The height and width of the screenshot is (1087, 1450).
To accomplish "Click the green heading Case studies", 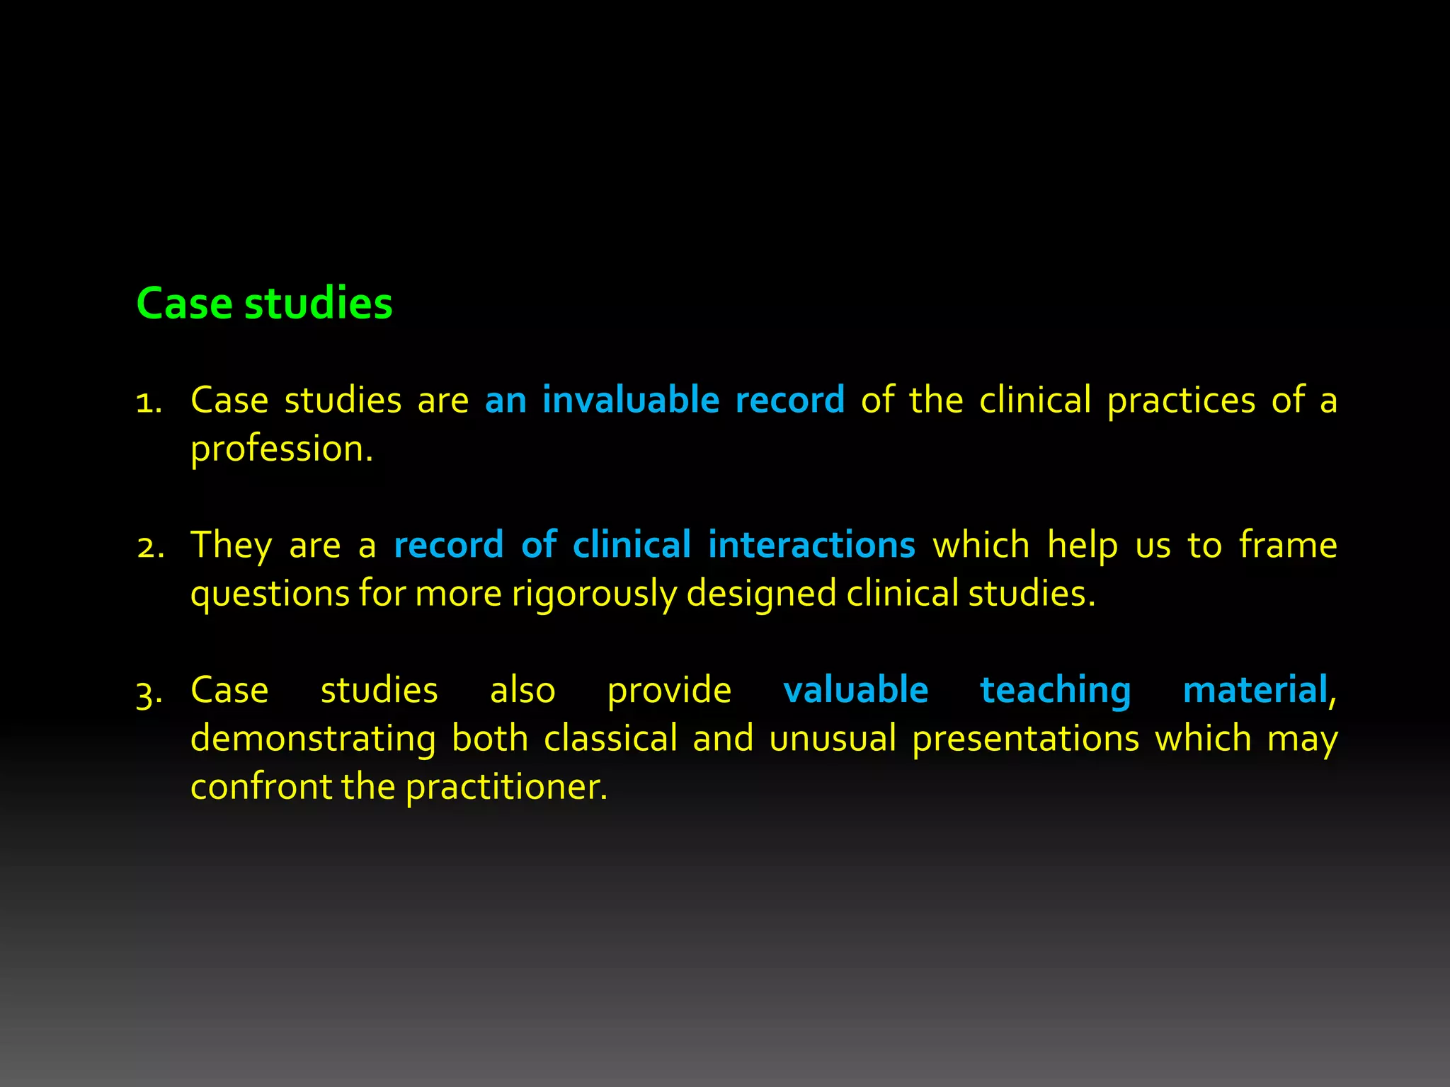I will (264, 304).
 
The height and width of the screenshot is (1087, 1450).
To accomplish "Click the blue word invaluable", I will (631, 400).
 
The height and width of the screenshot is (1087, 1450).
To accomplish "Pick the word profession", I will (281, 449).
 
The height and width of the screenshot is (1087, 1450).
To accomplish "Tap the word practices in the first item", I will (1181, 401).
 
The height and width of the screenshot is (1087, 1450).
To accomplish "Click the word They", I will (231, 546).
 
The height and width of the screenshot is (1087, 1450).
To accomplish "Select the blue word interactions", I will (811, 545).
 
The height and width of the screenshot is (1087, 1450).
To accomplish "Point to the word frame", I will (1288, 545).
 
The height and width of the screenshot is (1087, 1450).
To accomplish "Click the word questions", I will (270, 594).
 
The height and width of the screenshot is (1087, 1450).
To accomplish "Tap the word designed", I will (762, 594).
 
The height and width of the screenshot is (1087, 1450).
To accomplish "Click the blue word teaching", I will (1055, 691).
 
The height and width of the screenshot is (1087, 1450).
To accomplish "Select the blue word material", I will (1255, 690).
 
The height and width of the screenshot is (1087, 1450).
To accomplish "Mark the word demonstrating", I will (313, 739).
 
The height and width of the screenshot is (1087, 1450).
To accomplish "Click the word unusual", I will (832, 739).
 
